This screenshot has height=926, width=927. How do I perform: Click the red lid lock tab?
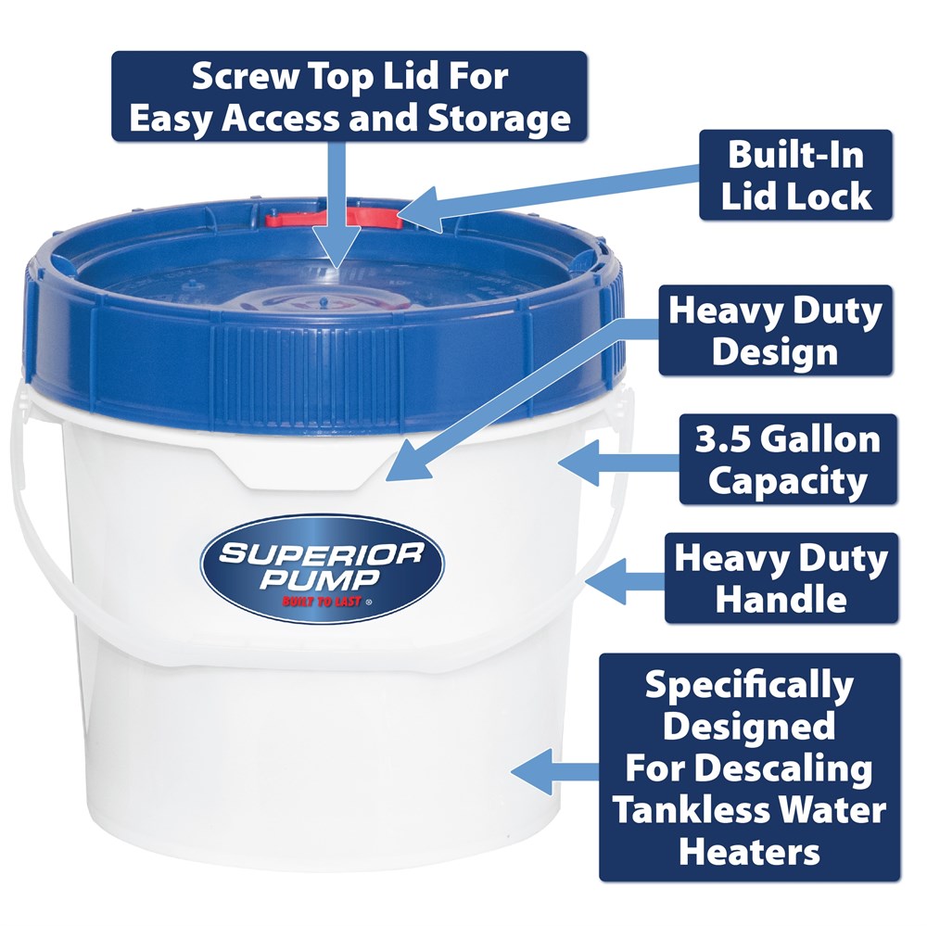pos(334,218)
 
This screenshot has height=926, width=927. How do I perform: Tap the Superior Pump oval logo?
pos(323,569)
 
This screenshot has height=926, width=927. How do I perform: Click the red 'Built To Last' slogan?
pos(323,602)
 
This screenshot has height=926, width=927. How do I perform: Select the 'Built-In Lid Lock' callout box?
pos(795,175)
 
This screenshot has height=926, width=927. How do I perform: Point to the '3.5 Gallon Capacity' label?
pos(788,460)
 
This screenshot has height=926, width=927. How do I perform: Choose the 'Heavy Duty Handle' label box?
pos(781,578)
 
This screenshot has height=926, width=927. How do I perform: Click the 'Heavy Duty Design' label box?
pos(776,331)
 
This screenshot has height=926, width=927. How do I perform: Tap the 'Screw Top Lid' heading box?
pos(349,95)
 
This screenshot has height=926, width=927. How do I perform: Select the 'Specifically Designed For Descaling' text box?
pos(750,767)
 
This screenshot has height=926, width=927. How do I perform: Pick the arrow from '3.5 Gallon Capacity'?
pos(618,462)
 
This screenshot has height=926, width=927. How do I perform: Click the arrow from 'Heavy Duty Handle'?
pos(625,580)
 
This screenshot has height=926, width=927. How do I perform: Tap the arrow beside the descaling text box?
pos(555,771)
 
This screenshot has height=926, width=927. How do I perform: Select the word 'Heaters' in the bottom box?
pos(750,852)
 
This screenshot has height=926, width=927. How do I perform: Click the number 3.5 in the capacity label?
pos(722,440)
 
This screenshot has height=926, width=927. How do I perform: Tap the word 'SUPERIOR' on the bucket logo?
pos(321,555)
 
